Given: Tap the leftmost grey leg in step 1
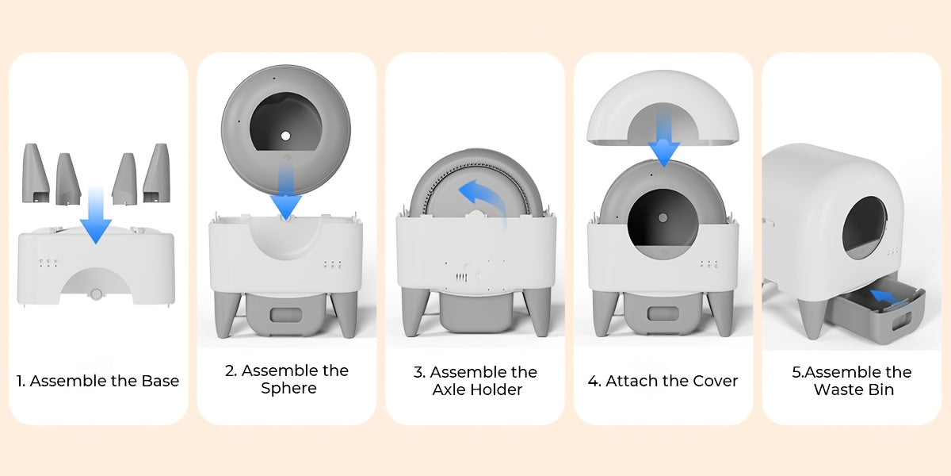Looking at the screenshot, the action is (x=35, y=173).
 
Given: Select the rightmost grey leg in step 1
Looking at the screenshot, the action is (x=157, y=173).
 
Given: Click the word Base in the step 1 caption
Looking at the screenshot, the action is (x=160, y=381).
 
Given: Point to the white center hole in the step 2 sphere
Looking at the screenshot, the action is (x=286, y=136).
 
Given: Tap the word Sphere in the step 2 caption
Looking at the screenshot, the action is (x=288, y=388).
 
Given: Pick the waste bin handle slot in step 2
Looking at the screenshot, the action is (x=286, y=315).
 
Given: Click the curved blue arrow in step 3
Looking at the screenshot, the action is (x=485, y=200).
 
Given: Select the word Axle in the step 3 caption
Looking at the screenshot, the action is (x=450, y=390).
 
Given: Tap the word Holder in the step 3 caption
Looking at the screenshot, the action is (x=497, y=390).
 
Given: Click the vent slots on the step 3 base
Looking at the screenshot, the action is (x=461, y=278).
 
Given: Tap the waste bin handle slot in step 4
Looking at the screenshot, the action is (x=663, y=314).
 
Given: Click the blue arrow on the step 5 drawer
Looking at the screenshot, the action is (x=886, y=296).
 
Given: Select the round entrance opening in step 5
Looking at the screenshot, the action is (x=865, y=228).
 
